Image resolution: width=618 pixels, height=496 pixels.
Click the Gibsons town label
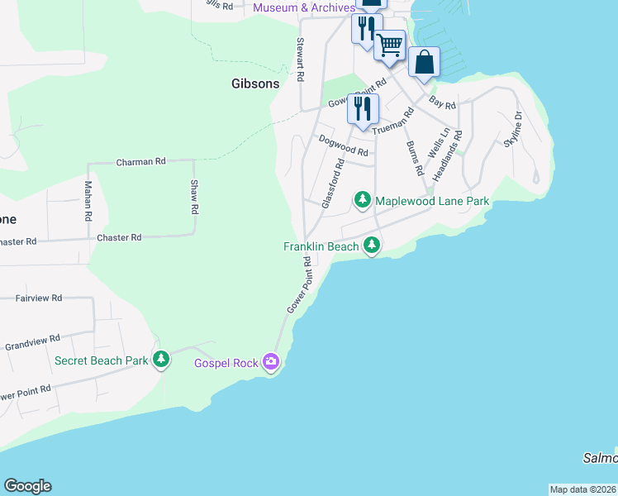click(254, 83)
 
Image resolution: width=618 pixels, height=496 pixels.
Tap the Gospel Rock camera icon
click(270, 361)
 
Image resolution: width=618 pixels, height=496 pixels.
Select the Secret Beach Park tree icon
click(161, 360)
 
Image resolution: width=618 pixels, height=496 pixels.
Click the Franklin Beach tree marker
click(372, 246)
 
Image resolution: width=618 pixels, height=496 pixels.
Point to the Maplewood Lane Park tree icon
click(362, 200)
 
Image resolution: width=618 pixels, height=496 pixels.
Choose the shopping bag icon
click(424, 62)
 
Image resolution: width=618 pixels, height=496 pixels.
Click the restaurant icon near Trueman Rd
click(363, 108)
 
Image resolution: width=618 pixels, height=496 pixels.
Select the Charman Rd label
click(141, 162)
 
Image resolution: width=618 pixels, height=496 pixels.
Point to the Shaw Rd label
click(195, 198)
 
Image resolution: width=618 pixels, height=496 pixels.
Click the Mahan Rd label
click(87, 203)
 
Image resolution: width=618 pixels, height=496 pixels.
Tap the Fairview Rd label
click(38, 298)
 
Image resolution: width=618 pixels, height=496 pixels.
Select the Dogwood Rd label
click(343, 148)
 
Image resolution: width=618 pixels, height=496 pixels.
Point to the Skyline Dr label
click(513, 129)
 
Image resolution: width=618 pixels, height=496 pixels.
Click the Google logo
click(27, 486)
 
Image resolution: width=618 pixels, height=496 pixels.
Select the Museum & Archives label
click(304, 7)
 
